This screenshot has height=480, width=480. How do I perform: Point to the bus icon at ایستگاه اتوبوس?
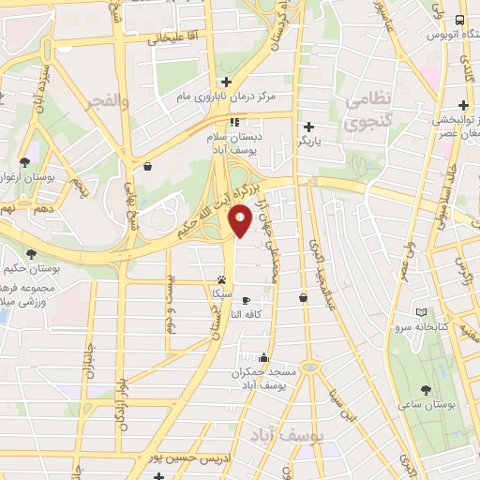tap(459, 20)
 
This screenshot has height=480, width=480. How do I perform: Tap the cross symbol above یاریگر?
tap(308, 127)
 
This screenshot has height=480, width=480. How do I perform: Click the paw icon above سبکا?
tap(222, 279)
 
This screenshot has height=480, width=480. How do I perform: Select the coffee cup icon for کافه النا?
tap(246, 302)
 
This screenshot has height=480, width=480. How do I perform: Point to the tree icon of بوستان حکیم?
tap(32, 254)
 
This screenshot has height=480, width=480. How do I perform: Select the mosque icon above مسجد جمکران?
tap(263, 357)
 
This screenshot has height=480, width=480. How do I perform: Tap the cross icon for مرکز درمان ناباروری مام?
tap(225, 82)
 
